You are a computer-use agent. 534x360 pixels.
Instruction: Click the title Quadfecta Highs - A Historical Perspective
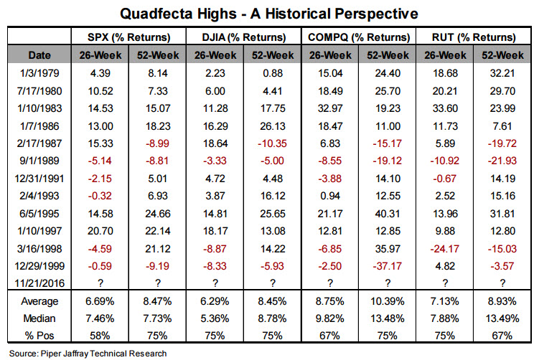point(267,13)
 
